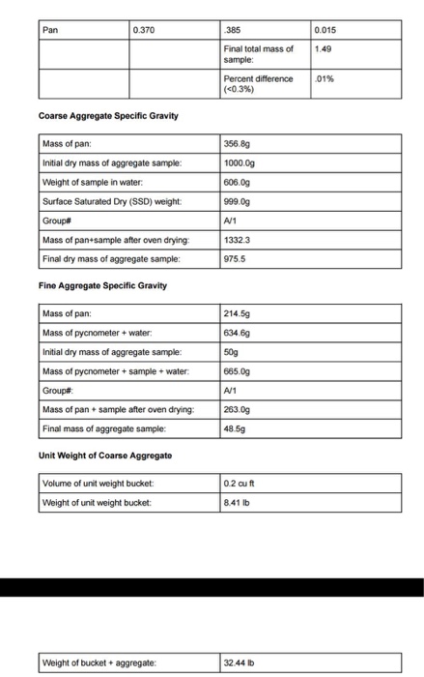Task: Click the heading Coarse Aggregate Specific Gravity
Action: [107, 117]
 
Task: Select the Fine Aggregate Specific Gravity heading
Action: [101, 285]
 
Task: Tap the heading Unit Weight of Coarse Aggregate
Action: [105, 455]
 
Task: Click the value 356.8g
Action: [238, 143]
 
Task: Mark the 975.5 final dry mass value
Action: [235, 258]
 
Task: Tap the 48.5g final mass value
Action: [235, 428]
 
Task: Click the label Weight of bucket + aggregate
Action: [100, 662]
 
